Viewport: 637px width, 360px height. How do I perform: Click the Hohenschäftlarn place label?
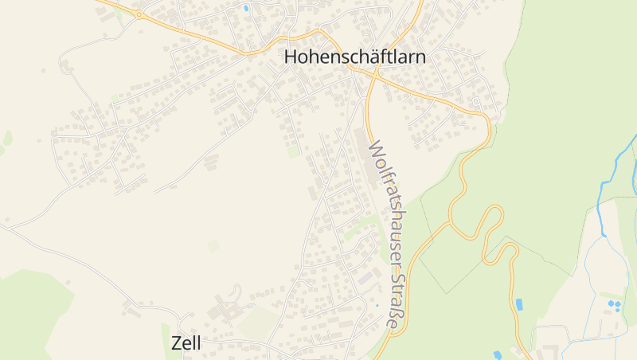point(355,57)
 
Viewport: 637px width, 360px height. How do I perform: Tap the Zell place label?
point(186,342)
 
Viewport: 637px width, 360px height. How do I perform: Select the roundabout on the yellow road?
point(139,14)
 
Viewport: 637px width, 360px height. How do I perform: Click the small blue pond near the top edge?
point(246,8)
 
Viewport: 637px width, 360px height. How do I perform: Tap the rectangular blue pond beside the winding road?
point(519,303)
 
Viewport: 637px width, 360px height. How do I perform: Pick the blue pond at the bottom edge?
point(498,354)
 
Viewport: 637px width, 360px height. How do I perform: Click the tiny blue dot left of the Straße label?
point(377,305)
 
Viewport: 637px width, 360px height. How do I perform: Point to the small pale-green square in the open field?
point(213,246)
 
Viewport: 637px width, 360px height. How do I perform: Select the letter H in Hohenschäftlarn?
point(291,57)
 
